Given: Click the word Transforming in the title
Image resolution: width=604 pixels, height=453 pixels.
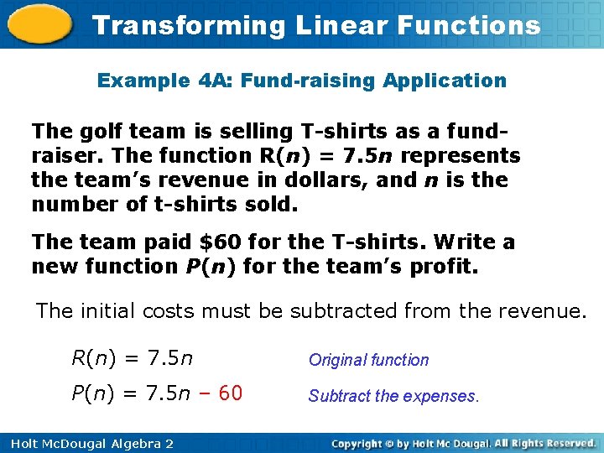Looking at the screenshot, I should [x=190, y=25].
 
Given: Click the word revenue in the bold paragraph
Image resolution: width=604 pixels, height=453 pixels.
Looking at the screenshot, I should [x=198, y=180].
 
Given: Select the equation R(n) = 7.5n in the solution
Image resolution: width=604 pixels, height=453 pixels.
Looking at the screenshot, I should [x=133, y=359].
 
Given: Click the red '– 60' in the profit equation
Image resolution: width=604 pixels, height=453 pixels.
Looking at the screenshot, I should [x=221, y=393].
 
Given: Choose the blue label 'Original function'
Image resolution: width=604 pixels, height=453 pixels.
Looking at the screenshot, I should [x=368, y=360].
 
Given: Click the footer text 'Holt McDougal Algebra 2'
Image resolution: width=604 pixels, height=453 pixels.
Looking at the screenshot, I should [x=87, y=443].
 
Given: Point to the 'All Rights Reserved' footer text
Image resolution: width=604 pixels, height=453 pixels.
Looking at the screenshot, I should [x=540, y=443].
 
